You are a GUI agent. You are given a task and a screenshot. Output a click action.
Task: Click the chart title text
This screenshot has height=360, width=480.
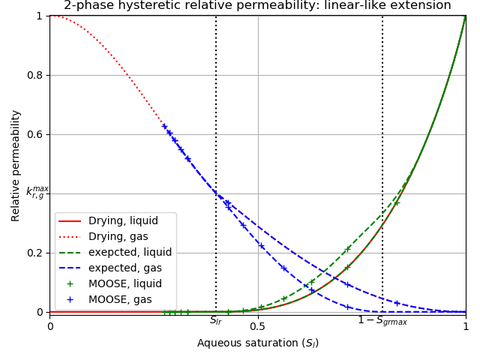(257, 6)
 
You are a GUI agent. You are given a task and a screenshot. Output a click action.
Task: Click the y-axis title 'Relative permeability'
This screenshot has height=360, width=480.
(16, 165)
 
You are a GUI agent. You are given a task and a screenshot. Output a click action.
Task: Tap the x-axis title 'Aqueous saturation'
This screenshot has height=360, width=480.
(257, 343)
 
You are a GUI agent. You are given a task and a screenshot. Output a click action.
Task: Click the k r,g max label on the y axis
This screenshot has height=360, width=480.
(37, 193)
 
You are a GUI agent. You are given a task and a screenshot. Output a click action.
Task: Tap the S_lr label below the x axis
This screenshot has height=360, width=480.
(216, 321)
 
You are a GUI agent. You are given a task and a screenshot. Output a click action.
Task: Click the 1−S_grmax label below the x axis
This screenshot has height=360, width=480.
(382, 321)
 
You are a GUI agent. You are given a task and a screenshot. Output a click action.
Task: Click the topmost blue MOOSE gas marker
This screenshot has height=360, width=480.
(164, 126)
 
